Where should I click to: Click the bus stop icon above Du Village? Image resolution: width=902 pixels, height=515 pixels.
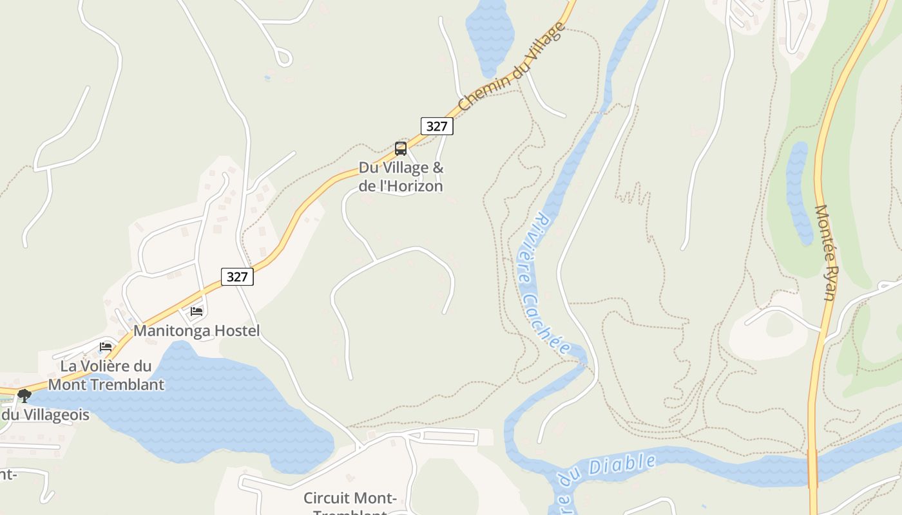pos(401,149)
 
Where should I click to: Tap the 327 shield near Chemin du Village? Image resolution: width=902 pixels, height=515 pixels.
pos(437,126)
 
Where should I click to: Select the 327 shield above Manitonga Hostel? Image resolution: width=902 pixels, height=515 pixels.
pos(237,277)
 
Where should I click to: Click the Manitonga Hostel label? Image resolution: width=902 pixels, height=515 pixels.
pos(197,331)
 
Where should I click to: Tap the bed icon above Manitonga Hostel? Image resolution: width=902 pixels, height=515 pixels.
pos(197,312)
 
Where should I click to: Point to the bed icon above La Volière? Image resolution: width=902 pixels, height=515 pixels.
pos(106,347)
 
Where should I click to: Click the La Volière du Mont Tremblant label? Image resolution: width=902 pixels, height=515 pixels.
pos(106,375)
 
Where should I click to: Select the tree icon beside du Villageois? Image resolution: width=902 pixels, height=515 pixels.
pos(24,395)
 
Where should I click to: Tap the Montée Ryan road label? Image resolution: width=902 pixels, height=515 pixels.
pos(825,252)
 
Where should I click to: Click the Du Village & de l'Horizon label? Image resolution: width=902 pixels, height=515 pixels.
pos(401,177)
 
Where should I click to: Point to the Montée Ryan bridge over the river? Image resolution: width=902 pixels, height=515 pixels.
pos(813,468)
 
